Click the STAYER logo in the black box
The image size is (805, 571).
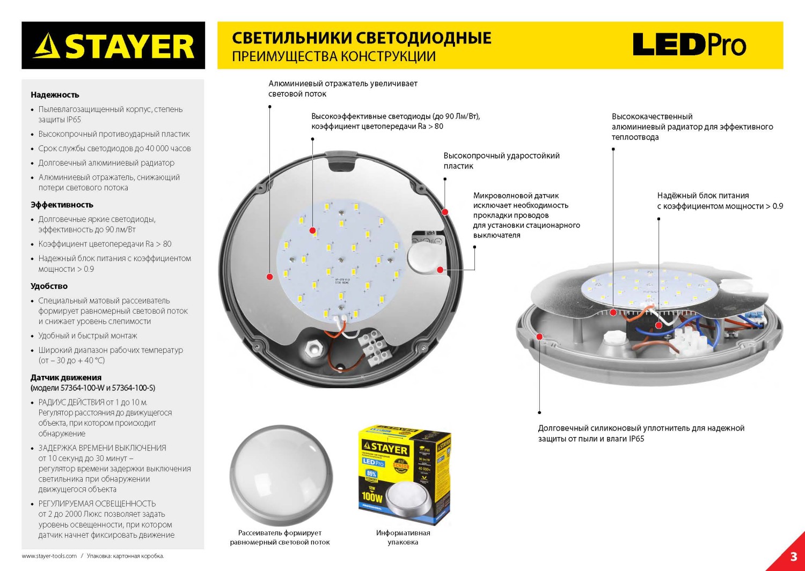pos(113,46)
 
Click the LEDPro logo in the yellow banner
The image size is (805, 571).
pos(689,45)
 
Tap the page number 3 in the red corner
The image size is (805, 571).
pos(793,557)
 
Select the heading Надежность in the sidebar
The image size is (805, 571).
pos(55,95)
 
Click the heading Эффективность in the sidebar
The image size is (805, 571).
pos(62,205)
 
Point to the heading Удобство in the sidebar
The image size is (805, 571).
pos(49,286)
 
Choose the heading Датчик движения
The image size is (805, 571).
pos(66,377)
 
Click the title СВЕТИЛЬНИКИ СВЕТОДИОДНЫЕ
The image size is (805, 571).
pos(361,38)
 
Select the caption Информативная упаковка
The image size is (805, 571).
pos(402,537)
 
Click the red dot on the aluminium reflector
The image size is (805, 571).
pos(270,277)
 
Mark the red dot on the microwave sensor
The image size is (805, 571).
pos(440,270)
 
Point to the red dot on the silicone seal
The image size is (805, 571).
pos(539,337)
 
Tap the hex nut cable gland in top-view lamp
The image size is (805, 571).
pos(311,349)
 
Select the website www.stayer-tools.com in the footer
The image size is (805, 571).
pos(49,556)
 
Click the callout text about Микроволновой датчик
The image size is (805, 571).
pos(526,215)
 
